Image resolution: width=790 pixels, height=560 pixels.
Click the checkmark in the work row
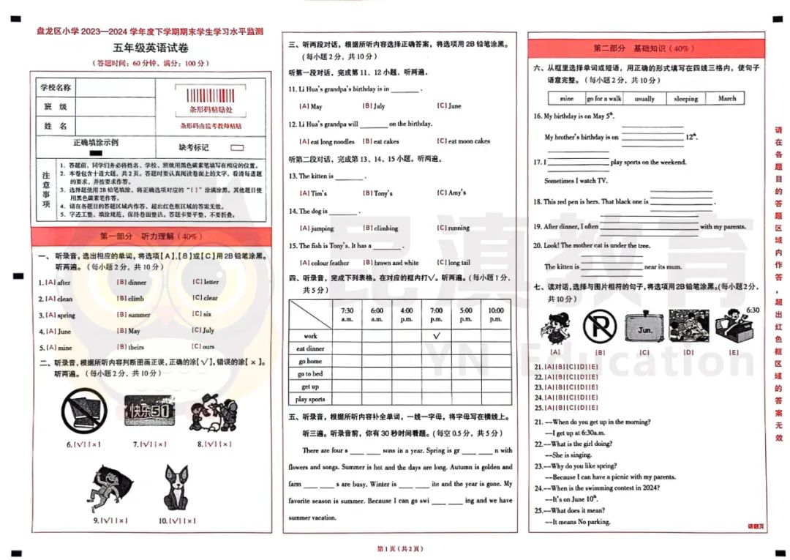click(x=436, y=335)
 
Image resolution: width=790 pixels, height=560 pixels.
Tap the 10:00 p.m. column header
click(x=496, y=314)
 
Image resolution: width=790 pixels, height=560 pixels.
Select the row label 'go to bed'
click(x=309, y=374)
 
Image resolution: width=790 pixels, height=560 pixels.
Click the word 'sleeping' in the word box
click(x=685, y=98)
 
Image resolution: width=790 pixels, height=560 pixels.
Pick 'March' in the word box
click(x=726, y=98)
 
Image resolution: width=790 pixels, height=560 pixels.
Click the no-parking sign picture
click(x=599, y=326)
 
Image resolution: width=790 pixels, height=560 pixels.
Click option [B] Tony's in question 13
click(x=378, y=193)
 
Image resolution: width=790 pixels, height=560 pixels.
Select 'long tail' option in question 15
click(x=454, y=263)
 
